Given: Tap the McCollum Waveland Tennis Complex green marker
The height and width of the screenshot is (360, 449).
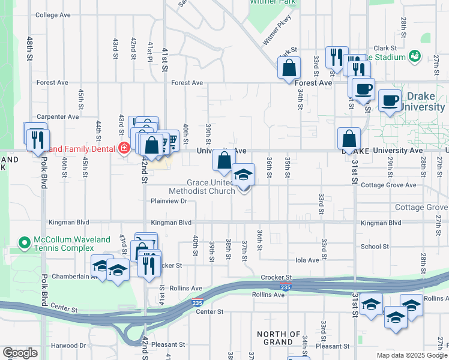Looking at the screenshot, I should point(25,243).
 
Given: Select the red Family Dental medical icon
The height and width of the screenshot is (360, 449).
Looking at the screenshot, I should point(124,148).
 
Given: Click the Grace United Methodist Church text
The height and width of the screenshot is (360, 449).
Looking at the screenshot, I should point(201,187).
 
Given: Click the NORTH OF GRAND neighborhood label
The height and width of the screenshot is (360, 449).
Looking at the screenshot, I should point(279,338).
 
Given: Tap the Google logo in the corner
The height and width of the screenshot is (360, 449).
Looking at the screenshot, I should point(20,353).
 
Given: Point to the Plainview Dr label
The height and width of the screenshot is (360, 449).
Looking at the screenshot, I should point(170,201).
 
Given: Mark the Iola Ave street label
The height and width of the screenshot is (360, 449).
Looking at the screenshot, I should point(306,260).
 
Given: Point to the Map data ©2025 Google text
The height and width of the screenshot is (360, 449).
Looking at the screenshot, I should point(411,355).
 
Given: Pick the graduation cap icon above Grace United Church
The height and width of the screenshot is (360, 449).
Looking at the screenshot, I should point(243,175).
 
